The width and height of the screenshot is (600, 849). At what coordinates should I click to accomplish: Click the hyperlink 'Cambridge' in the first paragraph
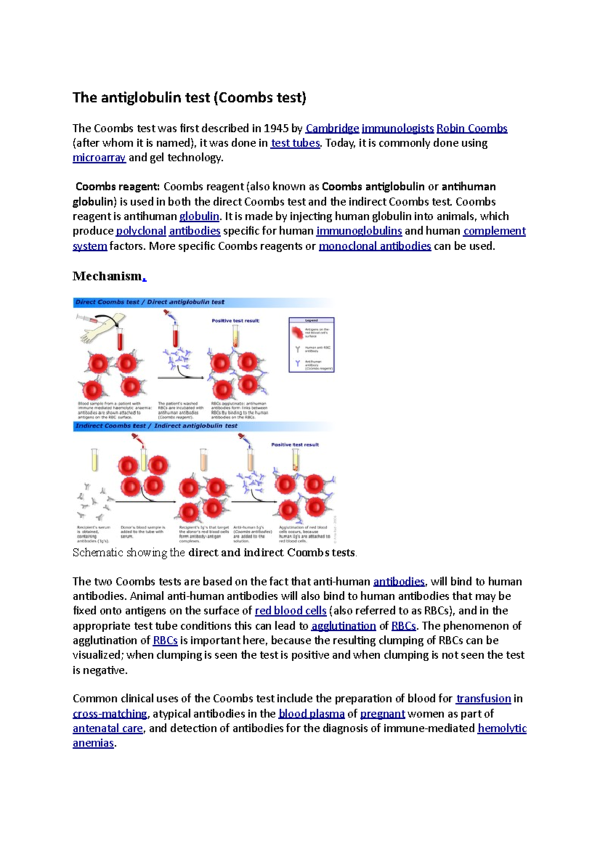point(332,128)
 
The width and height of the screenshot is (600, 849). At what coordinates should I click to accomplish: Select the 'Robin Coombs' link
point(471,128)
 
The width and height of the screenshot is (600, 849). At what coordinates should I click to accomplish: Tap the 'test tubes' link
point(295,143)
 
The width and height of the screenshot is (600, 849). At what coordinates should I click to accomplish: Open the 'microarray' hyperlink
point(99,158)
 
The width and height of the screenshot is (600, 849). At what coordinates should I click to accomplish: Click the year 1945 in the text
point(276,128)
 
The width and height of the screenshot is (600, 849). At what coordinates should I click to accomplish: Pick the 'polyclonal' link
point(141,231)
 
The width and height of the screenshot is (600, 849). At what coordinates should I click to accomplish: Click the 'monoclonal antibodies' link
point(374,246)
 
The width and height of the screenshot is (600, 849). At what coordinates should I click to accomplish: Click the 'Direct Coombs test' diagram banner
point(150,302)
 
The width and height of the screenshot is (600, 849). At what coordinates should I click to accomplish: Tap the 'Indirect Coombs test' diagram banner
point(156,426)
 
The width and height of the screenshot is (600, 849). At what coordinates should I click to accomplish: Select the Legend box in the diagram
point(311,345)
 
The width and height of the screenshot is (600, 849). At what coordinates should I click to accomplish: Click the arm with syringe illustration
point(100,328)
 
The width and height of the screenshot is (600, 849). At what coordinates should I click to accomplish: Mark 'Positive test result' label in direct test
point(235,321)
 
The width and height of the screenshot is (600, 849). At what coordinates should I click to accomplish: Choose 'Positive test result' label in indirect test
point(295,444)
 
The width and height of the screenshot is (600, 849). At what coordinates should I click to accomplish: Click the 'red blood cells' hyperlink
point(290,611)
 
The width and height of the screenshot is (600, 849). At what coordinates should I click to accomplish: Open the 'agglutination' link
point(343,626)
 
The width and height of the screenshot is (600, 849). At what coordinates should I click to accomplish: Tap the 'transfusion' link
point(483,699)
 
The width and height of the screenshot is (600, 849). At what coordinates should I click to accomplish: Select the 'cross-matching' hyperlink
point(109,714)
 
